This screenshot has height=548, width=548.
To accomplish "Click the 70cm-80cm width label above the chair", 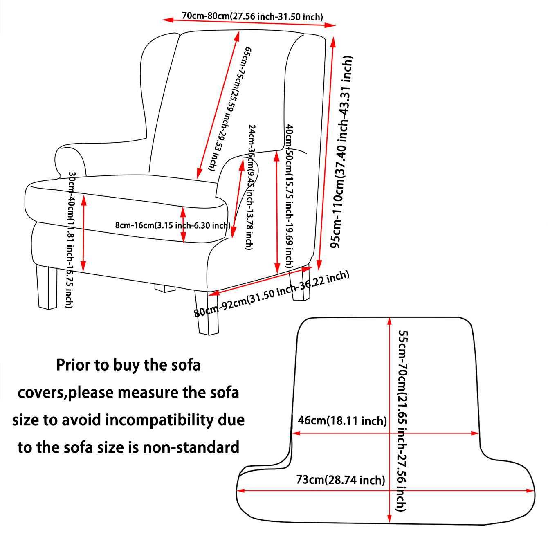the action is pyautogui.click(x=252, y=16).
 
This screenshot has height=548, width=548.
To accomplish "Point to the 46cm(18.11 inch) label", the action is pyautogui.click(x=342, y=420).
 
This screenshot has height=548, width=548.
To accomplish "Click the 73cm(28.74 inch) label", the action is pyautogui.click(x=341, y=480).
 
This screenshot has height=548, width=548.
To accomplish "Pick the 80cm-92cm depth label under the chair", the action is pyautogui.click(x=272, y=294).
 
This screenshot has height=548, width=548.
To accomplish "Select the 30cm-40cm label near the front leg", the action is pyautogui.click(x=70, y=240).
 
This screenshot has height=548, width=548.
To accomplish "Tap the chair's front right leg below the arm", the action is pyautogui.click(x=208, y=313).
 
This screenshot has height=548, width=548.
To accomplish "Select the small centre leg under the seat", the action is pyautogui.click(x=165, y=288).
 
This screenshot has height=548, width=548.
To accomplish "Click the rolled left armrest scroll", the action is pyautogui.click(x=70, y=162).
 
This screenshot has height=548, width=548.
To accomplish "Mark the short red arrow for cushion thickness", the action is pyautogui.click(x=183, y=225).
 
